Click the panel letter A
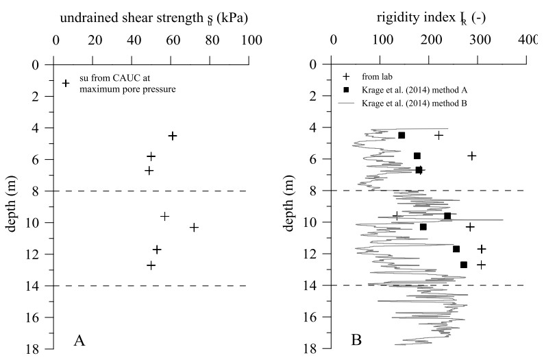coord(79,339)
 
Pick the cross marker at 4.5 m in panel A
coord(173,136)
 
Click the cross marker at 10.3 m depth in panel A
coord(194,227)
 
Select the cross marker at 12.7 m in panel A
coord(151,265)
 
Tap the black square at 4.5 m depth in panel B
coord(401,136)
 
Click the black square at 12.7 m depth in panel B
coord(464,265)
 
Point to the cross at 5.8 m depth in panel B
coord(472,156)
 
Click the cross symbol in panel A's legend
coord(66,83)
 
